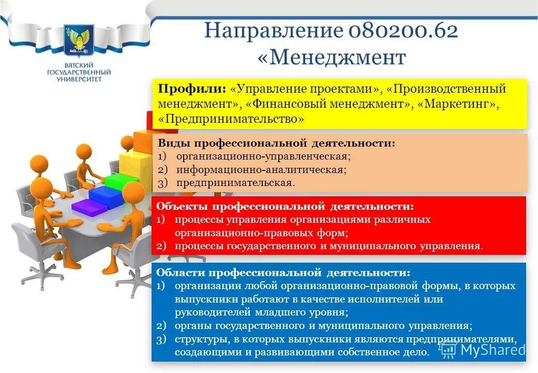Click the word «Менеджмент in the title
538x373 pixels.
click(x=332, y=58)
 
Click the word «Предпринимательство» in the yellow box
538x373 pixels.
click(x=231, y=119)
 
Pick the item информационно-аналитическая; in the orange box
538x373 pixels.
click(x=261, y=169)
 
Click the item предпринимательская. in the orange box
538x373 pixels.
click(x=235, y=183)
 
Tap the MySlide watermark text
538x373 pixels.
click(x=492, y=350)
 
